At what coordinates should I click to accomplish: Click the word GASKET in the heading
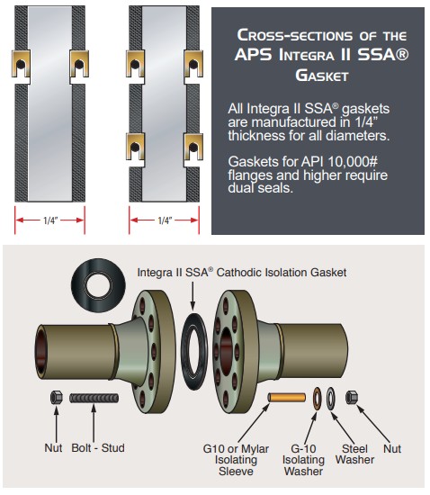point(322,76)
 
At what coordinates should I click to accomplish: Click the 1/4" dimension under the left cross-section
point(50,220)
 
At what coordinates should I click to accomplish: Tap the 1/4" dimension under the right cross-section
point(165,220)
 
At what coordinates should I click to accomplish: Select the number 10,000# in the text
point(353,162)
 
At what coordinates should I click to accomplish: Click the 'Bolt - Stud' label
point(98,447)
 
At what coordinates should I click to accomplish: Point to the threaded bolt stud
point(94,398)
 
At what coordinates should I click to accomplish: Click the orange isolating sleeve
point(287,397)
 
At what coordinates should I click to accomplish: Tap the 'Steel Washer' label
point(354,454)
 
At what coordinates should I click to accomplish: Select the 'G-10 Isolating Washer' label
point(303,460)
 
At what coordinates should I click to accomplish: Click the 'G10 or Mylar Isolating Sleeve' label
point(236,460)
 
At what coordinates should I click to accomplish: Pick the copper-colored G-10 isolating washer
point(317,398)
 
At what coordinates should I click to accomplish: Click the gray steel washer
point(330,398)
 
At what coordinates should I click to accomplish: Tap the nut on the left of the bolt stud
point(56,397)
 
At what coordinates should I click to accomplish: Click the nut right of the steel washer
point(352,397)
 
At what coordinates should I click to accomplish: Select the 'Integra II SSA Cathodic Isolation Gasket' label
point(242,272)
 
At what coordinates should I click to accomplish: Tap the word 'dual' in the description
point(241,188)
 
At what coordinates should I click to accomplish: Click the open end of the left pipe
point(41,351)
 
